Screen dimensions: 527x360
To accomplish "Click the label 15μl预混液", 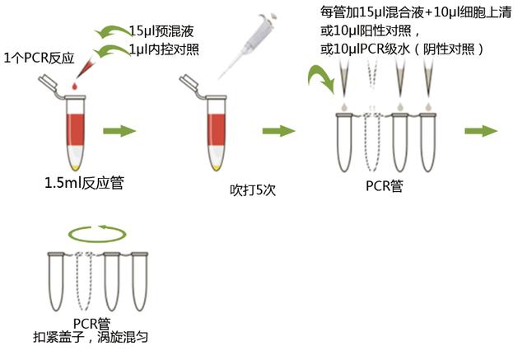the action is pyautogui.click(x=161, y=31).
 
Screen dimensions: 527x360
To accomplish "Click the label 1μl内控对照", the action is pyautogui.click(x=165, y=49).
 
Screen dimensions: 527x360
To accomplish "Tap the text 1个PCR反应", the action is pyautogui.click(x=39, y=58).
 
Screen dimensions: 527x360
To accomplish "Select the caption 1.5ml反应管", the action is pyautogui.click(x=84, y=183).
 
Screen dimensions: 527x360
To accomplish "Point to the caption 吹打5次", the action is pyautogui.click(x=253, y=190).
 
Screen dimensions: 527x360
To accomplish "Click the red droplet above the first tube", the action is pyautogui.click(x=74, y=86).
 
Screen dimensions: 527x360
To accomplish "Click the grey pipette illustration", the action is pyautogui.click(x=248, y=45).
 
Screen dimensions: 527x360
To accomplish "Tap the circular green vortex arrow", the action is pyautogui.click(x=97, y=234).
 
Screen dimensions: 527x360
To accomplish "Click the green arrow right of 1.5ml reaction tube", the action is pyautogui.click(x=119, y=131).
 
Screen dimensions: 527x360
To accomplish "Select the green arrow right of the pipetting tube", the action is pyautogui.click(x=278, y=131).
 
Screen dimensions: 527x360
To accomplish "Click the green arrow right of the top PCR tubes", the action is pyautogui.click(x=481, y=131).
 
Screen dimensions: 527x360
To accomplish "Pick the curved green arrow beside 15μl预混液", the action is pyautogui.click(x=113, y=32).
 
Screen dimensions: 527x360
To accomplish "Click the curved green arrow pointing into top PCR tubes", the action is pyautogui.click(x=320, y=78).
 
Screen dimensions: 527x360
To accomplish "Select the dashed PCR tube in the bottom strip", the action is pyautogui.click(x=84, y=282).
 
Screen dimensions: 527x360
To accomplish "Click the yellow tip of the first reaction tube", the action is pyautogui.click(x=76, y=167).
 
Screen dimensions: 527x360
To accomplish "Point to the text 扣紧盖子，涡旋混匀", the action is pyautogui.click(x=91, y=337).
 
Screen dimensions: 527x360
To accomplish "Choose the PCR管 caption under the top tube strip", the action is pyautogui.click(x=385, y=186).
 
